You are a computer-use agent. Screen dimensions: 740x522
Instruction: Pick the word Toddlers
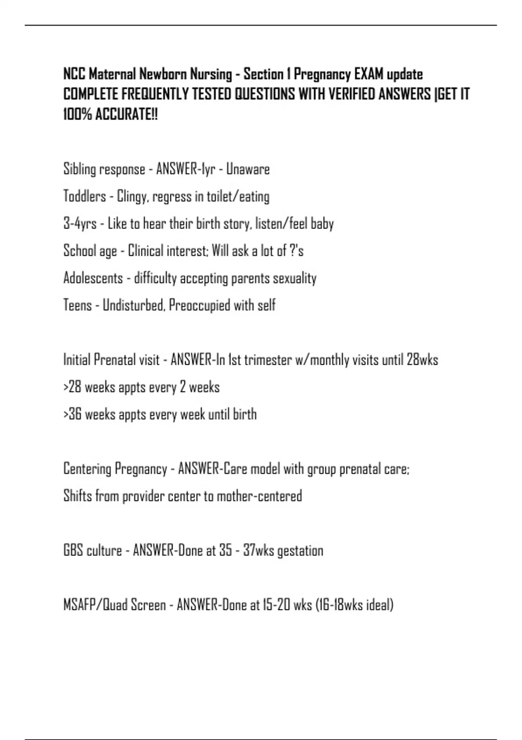[x=84, y=196]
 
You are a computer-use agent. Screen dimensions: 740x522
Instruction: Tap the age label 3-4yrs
[x=80, y=224]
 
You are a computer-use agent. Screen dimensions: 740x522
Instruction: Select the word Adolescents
[x=93, y=278]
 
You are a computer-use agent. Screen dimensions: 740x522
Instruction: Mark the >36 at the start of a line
[x=72, y=414]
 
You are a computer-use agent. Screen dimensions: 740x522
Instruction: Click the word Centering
[x=87, y=469]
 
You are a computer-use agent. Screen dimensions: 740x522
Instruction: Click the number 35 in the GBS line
[x=225, y=551]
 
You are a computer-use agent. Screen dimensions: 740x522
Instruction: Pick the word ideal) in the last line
[x=380, y=605]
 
